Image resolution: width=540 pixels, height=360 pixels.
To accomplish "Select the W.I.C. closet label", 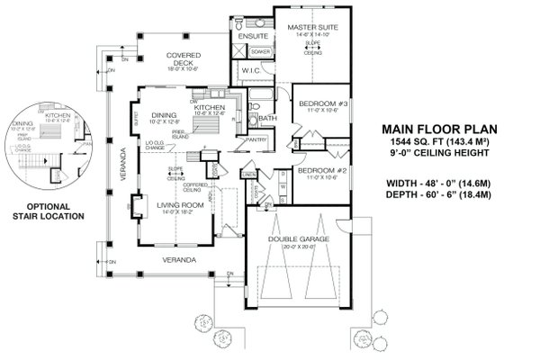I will (250, 70).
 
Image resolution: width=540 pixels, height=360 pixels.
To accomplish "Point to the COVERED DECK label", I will (184, 58).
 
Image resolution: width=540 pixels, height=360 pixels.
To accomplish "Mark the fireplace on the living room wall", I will (136, 207).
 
